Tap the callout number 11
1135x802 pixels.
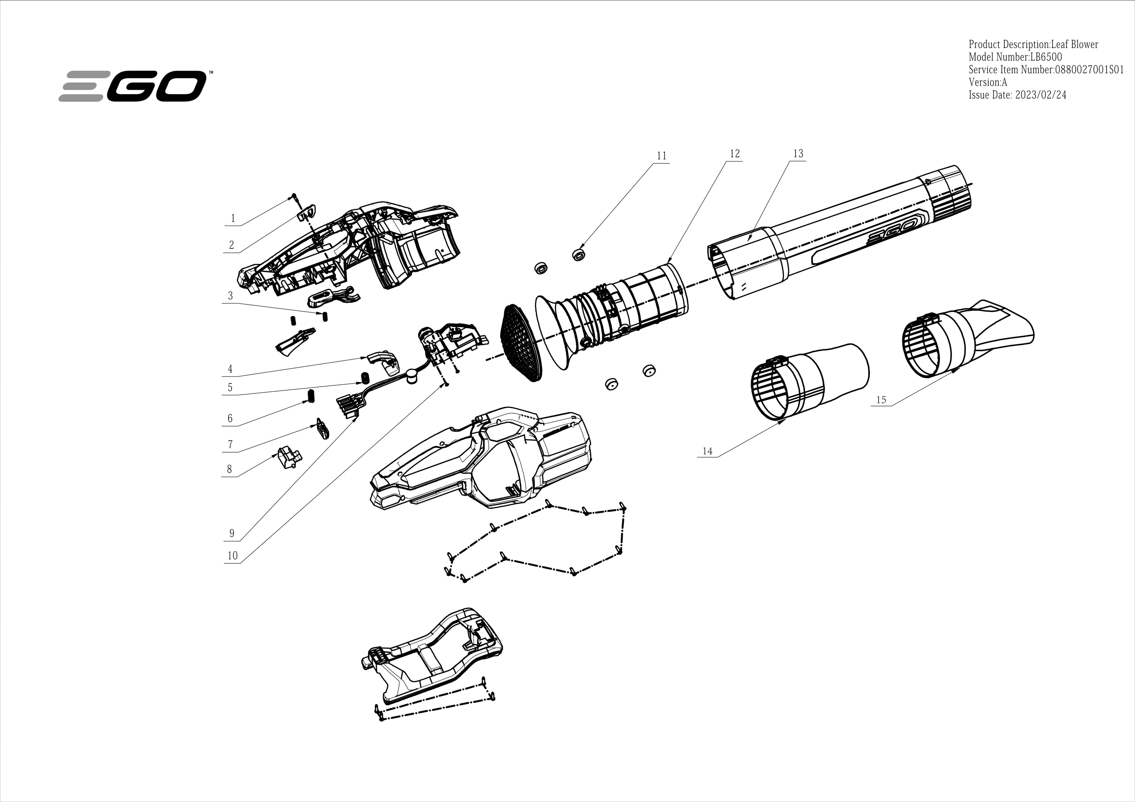pyautogui.click(x=661, y=156)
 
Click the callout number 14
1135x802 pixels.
pyautogui.click(x=707, y=451)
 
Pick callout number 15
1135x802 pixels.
pyautogui.click(x=881, y=400)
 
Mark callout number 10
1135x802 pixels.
pyautogui.click(x=232, y=555)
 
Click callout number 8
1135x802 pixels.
pyautogui.click(x=229, y=469)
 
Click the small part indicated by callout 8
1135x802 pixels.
pyautogui.click(x=288, y=457)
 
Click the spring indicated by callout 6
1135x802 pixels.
pyautogui.click(x=311, y=396)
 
